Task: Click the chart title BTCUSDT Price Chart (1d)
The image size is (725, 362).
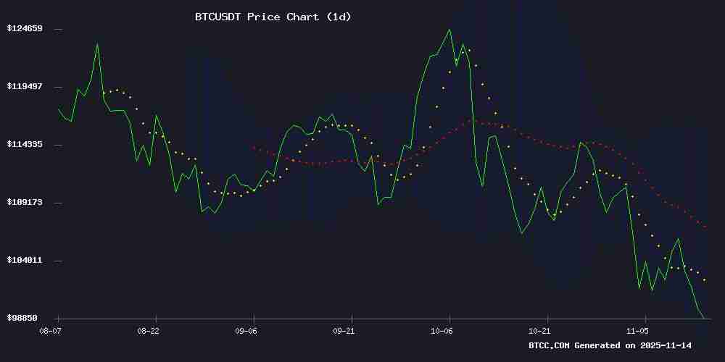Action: point(273,17)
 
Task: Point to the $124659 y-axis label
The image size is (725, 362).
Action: point(25,29)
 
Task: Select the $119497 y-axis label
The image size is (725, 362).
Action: point(25,87)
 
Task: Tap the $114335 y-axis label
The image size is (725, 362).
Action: point(25,145)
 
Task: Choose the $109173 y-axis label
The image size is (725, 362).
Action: point(25,203)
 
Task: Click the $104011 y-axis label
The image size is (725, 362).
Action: point(25,261)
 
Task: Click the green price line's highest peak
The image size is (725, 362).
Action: point(449,30)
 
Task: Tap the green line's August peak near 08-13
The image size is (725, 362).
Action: point(97,45)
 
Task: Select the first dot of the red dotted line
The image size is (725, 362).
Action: point(254,148)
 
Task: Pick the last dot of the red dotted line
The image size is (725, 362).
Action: point(705,227)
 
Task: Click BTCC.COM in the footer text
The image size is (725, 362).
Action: point(550,346)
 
